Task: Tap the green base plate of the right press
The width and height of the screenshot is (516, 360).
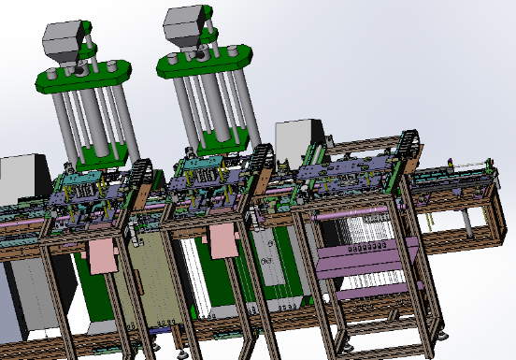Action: pos(224,138)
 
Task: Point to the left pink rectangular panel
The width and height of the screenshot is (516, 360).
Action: pos(101,256)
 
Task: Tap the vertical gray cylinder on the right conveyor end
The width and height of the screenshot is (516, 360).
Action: pos(466,222)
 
